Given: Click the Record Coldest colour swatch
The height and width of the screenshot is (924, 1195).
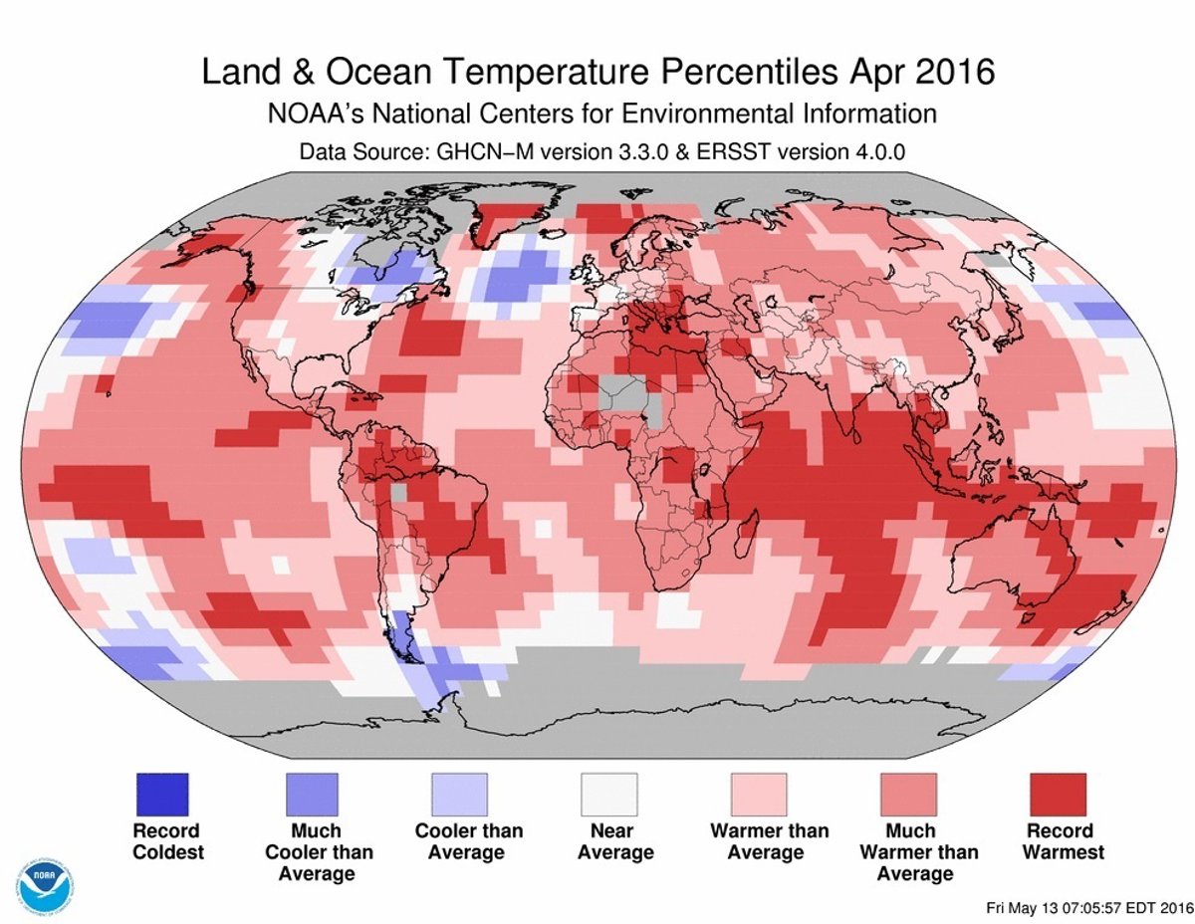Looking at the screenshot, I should point(160,795).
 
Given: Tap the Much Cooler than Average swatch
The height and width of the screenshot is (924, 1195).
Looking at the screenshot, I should point(311,795).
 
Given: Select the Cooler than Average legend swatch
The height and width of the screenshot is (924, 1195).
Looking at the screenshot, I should point(460,795).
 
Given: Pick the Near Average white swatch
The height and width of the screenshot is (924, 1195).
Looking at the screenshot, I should point(609,795).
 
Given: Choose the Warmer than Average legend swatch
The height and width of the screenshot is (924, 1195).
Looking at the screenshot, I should point(759,795).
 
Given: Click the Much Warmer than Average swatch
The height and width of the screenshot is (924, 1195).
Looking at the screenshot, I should point(909,795).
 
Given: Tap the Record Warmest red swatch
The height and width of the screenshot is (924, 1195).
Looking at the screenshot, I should point(1059,795).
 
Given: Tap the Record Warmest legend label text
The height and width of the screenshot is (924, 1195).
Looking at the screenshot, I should point(1059,841).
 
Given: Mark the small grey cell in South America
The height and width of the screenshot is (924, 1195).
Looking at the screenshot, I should point(398,493).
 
